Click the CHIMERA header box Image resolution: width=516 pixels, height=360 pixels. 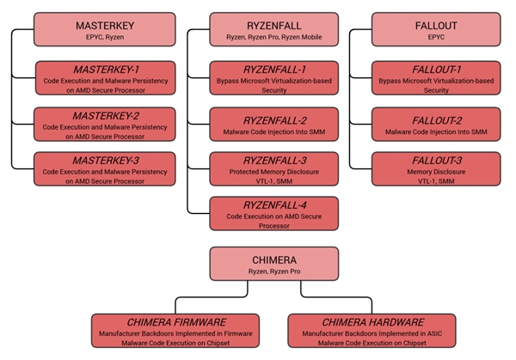[x=267, y=264]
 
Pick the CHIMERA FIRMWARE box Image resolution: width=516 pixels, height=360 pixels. [x=175, y=330]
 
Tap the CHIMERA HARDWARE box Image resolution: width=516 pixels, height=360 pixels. [x=358, y=330]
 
